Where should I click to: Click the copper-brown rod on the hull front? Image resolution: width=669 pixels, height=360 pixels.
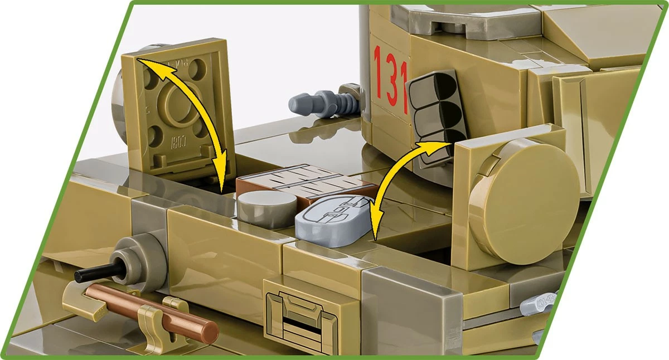coord(151,312)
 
